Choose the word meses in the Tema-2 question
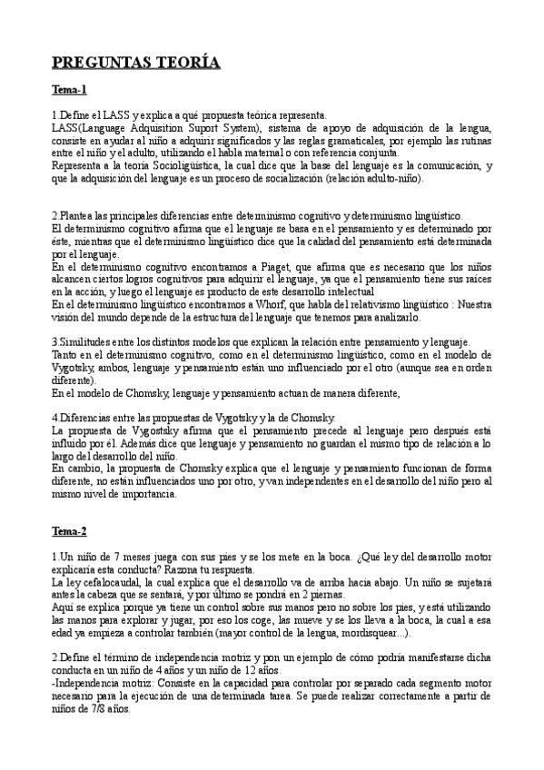click(x=124, y=555)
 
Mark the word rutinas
click(x=472, y=142)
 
